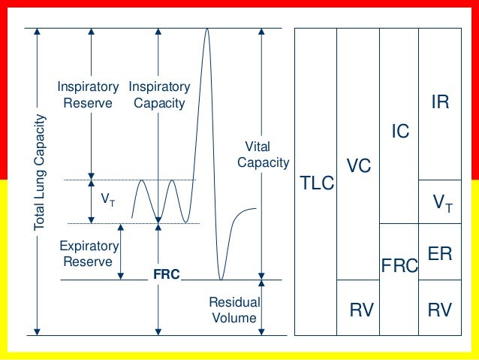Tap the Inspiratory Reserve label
coord(87,95)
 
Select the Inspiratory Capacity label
coord(158,95)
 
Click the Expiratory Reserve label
coord(89,254)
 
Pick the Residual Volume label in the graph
coord(233,310)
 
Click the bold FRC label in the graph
coord(166,275)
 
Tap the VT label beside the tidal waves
coord(108,200)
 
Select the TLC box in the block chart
coord(316,182)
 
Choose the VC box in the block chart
coord(358,165)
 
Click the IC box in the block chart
coord(400,132)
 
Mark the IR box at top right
coord(440,103)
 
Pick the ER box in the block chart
coord(439,253)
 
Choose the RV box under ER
coord(439,307)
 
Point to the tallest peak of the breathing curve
coord(206,30)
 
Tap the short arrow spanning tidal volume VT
coord(92,201)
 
